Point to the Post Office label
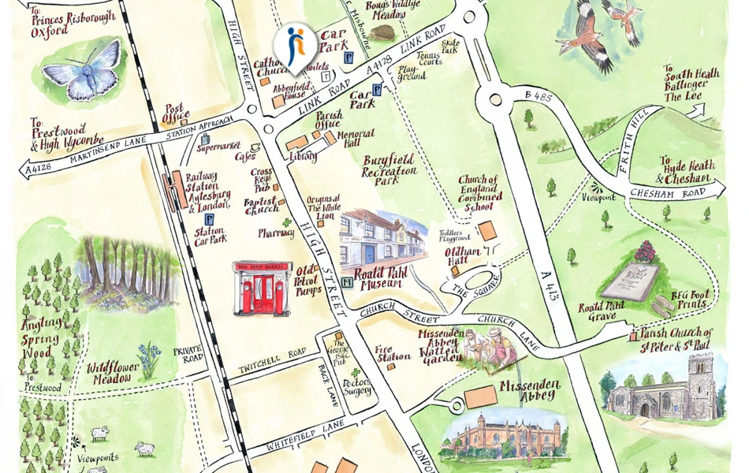173,114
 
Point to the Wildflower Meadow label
114,373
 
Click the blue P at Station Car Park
209,219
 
